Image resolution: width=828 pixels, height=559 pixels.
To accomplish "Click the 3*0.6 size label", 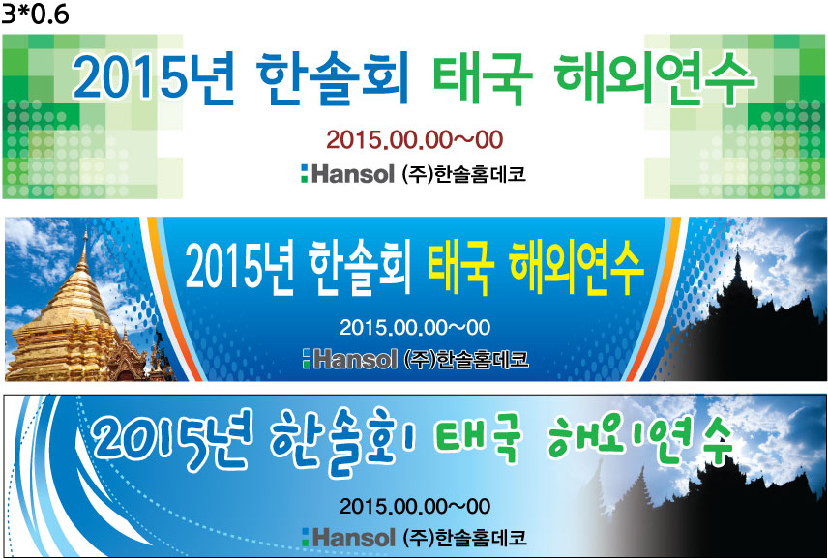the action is tap(35, 15).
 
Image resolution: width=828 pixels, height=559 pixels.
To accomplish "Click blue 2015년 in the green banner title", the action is tap(153, 76).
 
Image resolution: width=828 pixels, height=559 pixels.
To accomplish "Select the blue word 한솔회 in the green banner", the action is tap(334, 77).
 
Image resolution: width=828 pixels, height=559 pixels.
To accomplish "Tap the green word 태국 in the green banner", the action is tap(483, 78).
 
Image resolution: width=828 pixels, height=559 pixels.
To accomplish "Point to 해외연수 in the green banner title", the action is tap(656, 77).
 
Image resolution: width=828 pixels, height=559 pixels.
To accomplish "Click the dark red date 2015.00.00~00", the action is tap(415, 140).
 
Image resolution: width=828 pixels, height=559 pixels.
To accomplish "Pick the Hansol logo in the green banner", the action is tap(347, 174).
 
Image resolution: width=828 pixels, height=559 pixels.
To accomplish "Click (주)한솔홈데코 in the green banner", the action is tap(464, 174).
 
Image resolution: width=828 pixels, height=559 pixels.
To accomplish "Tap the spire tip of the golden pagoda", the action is tap(85, 230).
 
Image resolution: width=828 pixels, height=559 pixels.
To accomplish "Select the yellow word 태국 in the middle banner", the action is tap(460, 268).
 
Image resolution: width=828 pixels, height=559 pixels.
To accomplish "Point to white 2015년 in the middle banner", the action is tap(239, 268).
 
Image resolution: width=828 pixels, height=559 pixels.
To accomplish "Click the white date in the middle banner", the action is tap(415, 327).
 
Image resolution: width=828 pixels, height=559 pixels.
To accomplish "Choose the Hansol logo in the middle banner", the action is tap(349, 359).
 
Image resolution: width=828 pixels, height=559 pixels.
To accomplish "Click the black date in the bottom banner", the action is tap(415, 506).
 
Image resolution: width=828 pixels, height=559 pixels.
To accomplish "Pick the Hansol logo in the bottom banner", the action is tap(348, 538).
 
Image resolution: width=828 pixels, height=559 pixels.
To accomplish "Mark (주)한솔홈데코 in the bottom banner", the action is tap(464, 538).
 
